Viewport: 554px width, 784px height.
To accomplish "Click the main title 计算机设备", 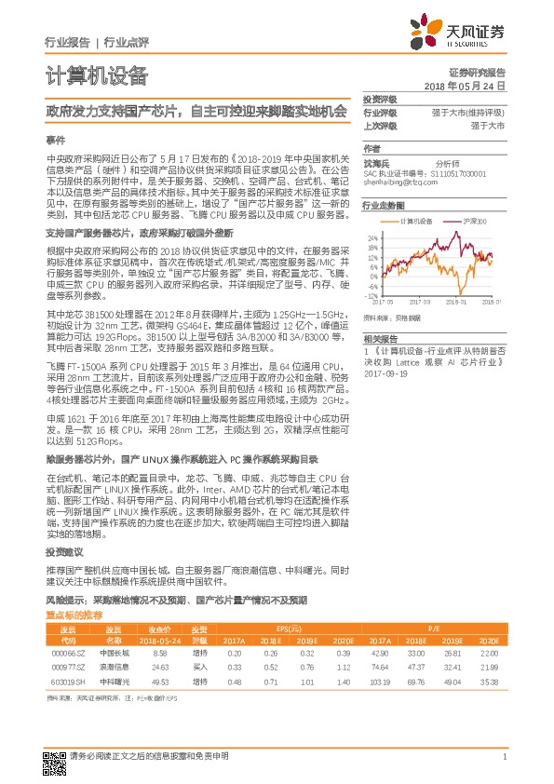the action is click(x=97, y=75).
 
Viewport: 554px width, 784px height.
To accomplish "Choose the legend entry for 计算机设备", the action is click(x=413, y=222).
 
